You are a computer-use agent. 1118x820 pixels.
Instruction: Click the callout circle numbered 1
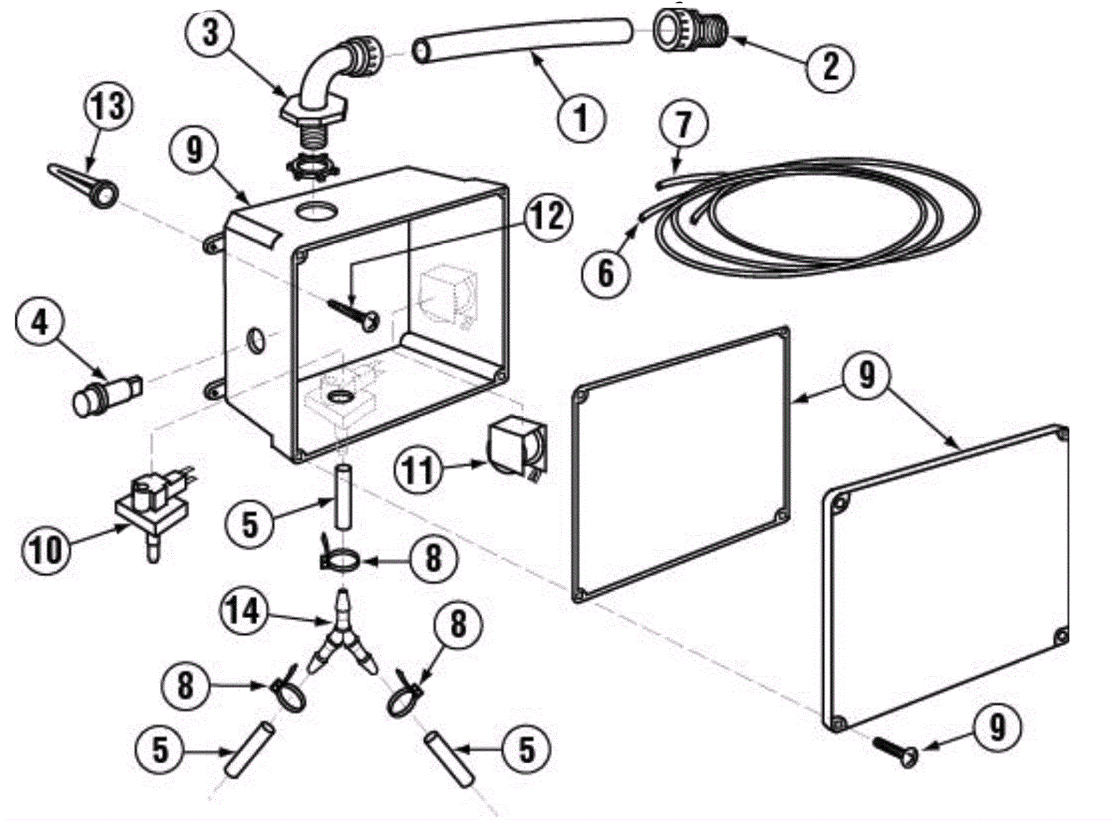click(x=581, y=117)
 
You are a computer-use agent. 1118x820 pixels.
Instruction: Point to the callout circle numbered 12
click(x=547, y=218)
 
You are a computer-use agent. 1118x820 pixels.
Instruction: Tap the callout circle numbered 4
click(x=41, y=323)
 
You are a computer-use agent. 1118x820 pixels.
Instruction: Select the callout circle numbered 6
click(x=605, y=272)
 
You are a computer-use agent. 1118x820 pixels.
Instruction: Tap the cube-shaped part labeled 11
click(x=518, y=449)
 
